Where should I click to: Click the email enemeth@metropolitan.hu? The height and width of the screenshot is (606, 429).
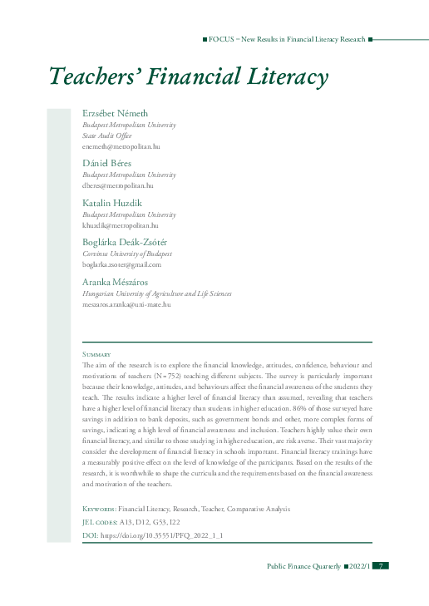click(x=120, y=145)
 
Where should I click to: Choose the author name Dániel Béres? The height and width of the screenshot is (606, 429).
click(x=107, y=163)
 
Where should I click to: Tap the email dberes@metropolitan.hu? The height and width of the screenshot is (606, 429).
click(x=118, y=185)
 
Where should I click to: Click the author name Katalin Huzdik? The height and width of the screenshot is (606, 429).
click(x=112, y=203)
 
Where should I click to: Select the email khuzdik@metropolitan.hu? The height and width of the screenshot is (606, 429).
click(x=120, y=225)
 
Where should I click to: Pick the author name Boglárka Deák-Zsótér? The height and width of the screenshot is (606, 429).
click(x=127, y=242)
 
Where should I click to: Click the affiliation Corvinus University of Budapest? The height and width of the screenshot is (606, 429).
click(x=127, y=254)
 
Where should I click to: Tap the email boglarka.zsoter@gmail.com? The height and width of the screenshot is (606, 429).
click(x=121, y=264)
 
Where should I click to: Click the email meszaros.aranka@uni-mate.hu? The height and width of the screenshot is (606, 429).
click(x=126, y=304)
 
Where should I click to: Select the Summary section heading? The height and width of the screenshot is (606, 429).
click(x=98, y=355)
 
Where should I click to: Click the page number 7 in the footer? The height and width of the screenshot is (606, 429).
click(x=380, y=565)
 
